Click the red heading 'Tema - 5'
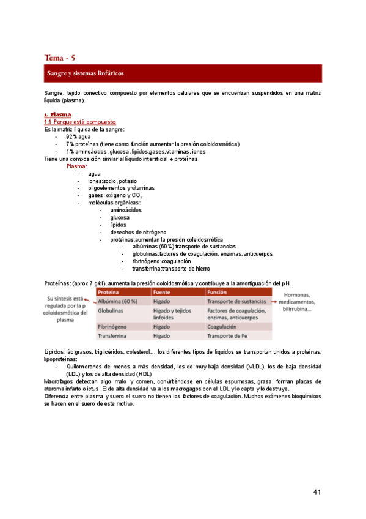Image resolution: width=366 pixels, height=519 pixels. pos(60,58)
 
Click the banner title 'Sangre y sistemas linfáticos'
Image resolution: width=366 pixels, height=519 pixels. pos(86,73)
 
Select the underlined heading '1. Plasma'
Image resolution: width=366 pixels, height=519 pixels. pos(57,114)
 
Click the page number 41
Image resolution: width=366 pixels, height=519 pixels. pos(317,492)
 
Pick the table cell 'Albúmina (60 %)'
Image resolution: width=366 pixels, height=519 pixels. pos(117,302)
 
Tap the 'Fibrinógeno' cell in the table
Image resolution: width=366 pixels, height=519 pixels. pos(114,327)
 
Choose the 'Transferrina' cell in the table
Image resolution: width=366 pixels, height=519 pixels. pos(114,336)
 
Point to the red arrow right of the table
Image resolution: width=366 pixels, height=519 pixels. pos(276,301)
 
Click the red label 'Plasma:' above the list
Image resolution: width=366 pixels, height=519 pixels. pos(77,166)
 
